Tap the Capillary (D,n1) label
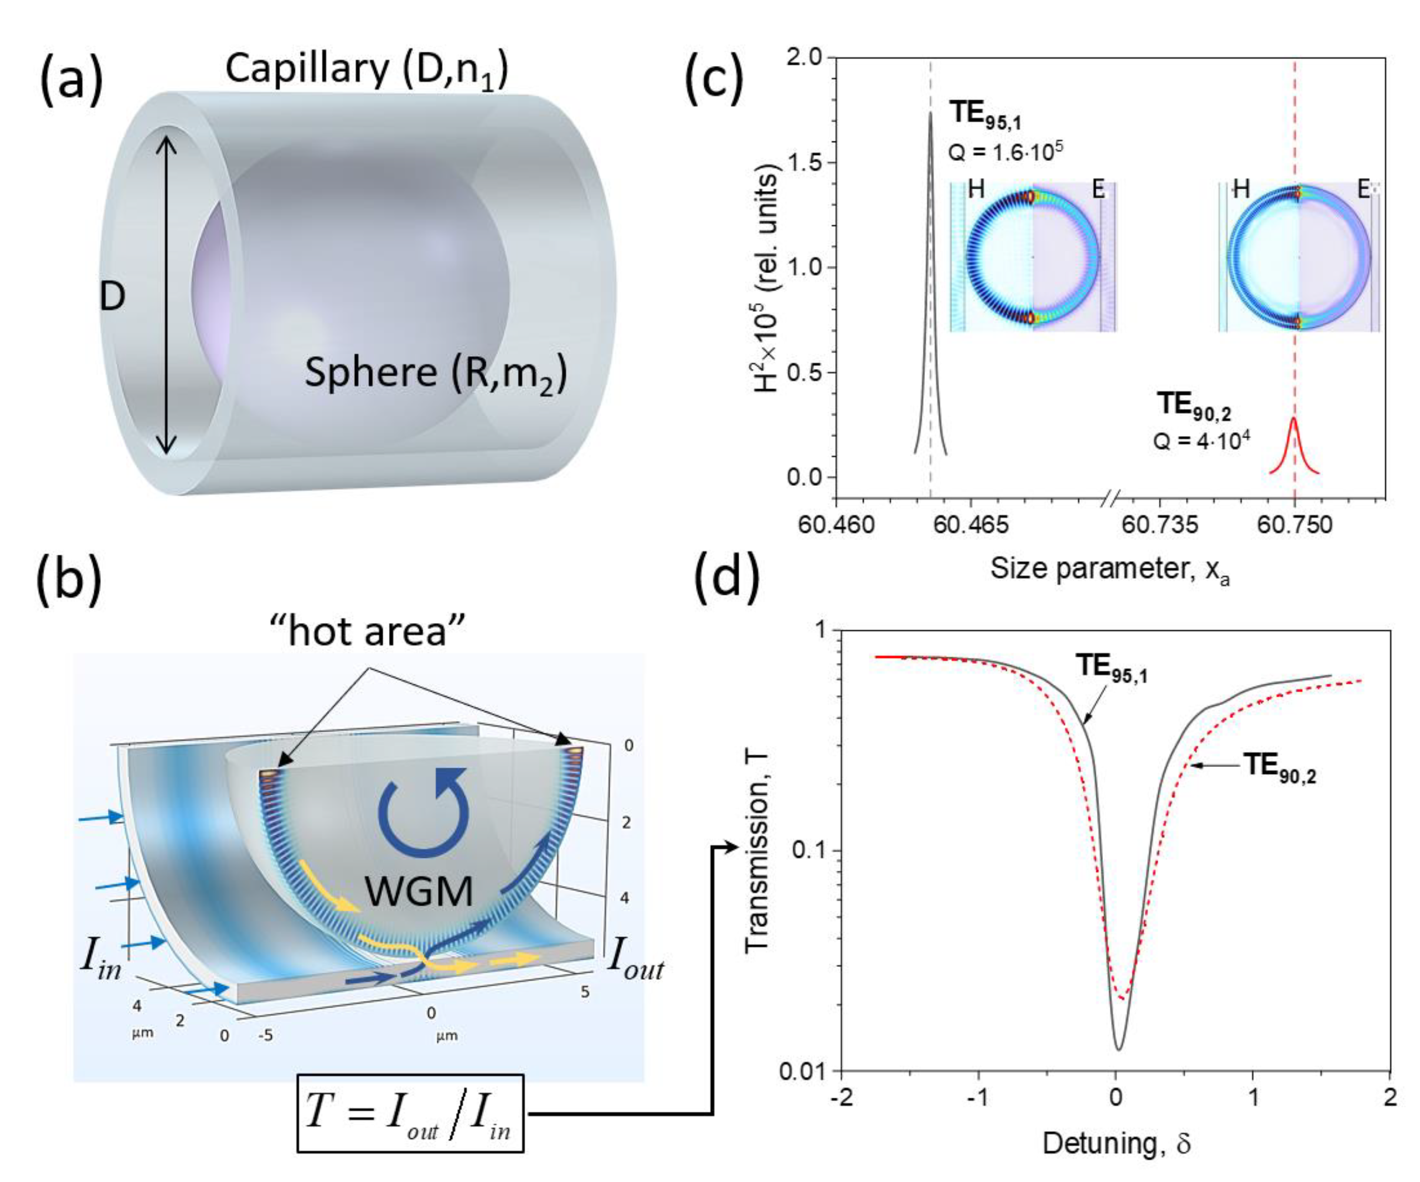tap(367, 70)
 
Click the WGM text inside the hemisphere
tap(419, 891)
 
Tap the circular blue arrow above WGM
tap(423, 814)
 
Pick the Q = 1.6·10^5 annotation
tap(1006, 152)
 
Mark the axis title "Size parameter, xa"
tap(1109, 569)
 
